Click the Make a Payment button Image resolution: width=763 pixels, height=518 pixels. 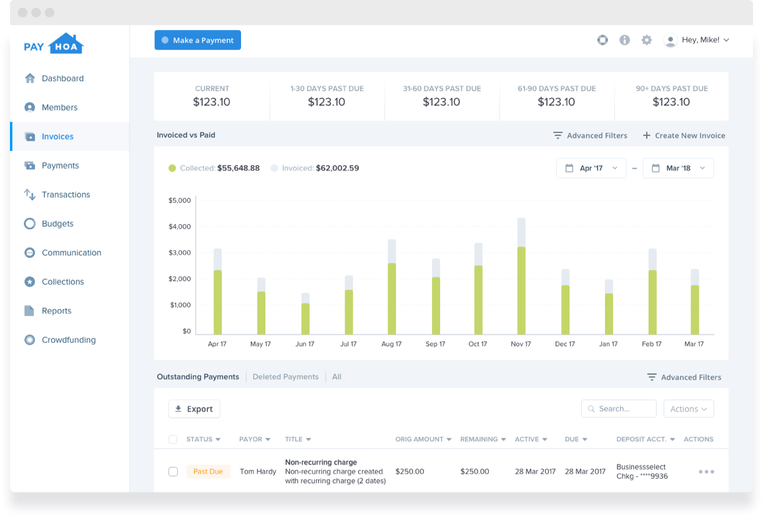coord(197,40)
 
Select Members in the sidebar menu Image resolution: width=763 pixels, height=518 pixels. coord(59,107)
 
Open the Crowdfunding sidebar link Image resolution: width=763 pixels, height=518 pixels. coord(68,340)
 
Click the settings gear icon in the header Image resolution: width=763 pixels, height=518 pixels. coord(646,40)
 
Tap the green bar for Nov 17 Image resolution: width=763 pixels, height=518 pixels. coord(521,290)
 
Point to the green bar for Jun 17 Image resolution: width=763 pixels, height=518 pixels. coord(305,318)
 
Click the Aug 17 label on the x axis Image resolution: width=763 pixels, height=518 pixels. coord(391,344)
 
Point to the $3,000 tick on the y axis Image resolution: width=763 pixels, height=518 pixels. coord(180,253)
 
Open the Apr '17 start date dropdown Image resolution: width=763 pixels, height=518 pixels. coord(591,169)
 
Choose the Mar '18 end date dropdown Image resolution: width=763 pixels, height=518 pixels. coord(677,169)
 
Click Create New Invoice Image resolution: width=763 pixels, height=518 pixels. coord(684,135)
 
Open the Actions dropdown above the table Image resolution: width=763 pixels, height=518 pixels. coord(688,409)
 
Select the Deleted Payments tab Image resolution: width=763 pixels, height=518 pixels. coord(285,377)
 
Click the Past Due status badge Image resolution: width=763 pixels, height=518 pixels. coord(208,472)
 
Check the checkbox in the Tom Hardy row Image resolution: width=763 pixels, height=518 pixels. coord(173,472)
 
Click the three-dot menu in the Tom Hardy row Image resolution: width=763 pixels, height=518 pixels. coord(706,472)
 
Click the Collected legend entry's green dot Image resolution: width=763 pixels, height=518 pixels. coord(172,169)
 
